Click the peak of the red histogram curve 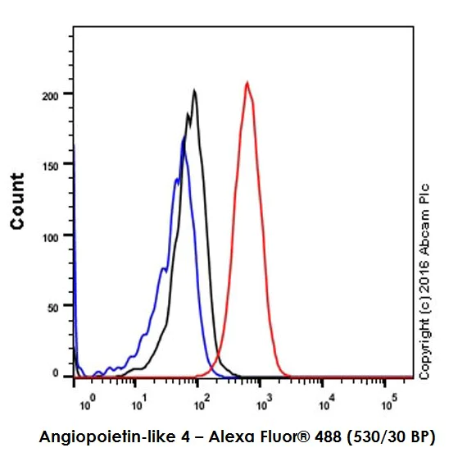pos(247,82)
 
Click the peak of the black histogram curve pos(194,91)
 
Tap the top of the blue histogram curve pos(184,139)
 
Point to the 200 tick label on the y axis pos(52,94)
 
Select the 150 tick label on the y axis pos(52,165)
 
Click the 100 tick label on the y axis pos(52,235)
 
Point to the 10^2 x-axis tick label pos(203,399)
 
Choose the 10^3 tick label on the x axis pos(264,399)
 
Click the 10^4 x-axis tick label pos(325,399)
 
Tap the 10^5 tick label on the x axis pos(387,399)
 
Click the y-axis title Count pos(16,201)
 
